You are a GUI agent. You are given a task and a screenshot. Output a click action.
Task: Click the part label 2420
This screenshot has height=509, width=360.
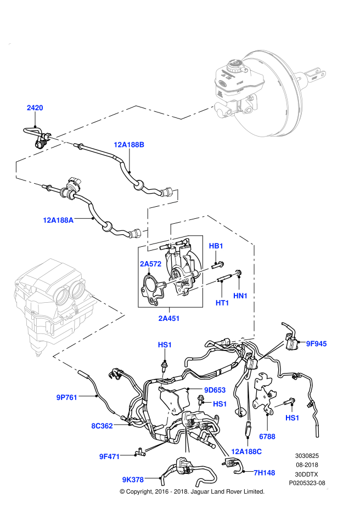coord(35,108)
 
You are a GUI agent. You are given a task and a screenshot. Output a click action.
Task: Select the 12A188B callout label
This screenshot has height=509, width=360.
coord(129,145)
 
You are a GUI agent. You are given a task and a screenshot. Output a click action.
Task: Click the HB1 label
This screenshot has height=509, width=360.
coord(216,246)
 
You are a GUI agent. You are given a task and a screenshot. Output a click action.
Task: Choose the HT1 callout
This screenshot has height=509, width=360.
coord(222,303)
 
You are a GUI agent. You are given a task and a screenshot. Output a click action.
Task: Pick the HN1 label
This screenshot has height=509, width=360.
coord(240,296)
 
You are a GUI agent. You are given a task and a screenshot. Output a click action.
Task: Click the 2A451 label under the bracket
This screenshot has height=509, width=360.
coord(169,318)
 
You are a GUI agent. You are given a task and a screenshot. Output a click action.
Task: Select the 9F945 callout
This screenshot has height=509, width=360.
coord(316,344)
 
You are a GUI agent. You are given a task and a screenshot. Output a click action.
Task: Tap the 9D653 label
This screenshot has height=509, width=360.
coord(215,390)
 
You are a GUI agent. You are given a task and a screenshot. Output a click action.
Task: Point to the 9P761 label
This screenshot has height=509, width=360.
coord(67,397)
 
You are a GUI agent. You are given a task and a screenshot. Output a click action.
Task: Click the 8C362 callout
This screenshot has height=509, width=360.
coord(102,425)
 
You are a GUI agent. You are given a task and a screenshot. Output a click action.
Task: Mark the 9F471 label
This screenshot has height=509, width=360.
coord(110,455)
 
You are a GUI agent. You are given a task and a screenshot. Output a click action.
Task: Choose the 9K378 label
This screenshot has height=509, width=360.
coord(133,479)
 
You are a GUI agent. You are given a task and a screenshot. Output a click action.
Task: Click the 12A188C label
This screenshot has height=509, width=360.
coord(246,451)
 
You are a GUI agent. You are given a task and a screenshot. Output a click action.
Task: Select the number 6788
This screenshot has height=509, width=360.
coord(267,437)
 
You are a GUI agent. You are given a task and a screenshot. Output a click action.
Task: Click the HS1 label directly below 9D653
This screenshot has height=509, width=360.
coord(220,404)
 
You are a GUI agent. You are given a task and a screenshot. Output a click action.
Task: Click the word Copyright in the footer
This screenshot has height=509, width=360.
coord(142,491)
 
